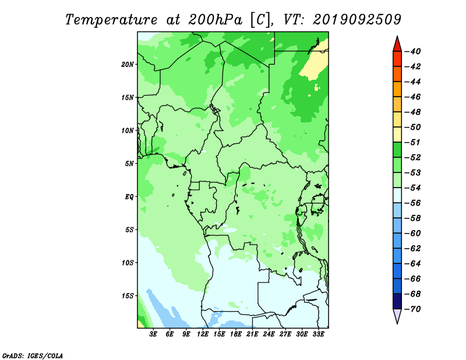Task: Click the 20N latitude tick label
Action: click(x=128, y=65)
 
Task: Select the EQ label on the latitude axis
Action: click(x=129, y=197)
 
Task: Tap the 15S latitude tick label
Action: click(x=128, y=296)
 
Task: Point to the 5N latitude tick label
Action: click(x=129, y=164)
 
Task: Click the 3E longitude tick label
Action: click(x=153, y=334)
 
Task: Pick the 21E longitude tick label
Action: click(x=252, y=334)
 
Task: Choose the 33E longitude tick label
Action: click(x=318, y=334)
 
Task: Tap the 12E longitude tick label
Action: click(x=202, y=334)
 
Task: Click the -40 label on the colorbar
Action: click(x=413, y=51)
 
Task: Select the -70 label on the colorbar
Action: click(x=413, y=309)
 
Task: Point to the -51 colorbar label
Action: click(x=413, y=142)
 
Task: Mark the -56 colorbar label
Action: click(x=413, y=203)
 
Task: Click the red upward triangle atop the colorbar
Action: click(x=397, y=45)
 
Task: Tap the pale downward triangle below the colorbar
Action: click(x=397, y=315)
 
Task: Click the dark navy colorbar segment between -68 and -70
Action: click(x=397, y=301)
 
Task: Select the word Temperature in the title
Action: click(x=111, y=20)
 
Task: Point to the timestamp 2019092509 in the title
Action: click(x=357, y=20)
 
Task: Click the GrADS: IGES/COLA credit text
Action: click(x=33, y=356)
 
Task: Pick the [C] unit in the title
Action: click(x=260, y=20)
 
